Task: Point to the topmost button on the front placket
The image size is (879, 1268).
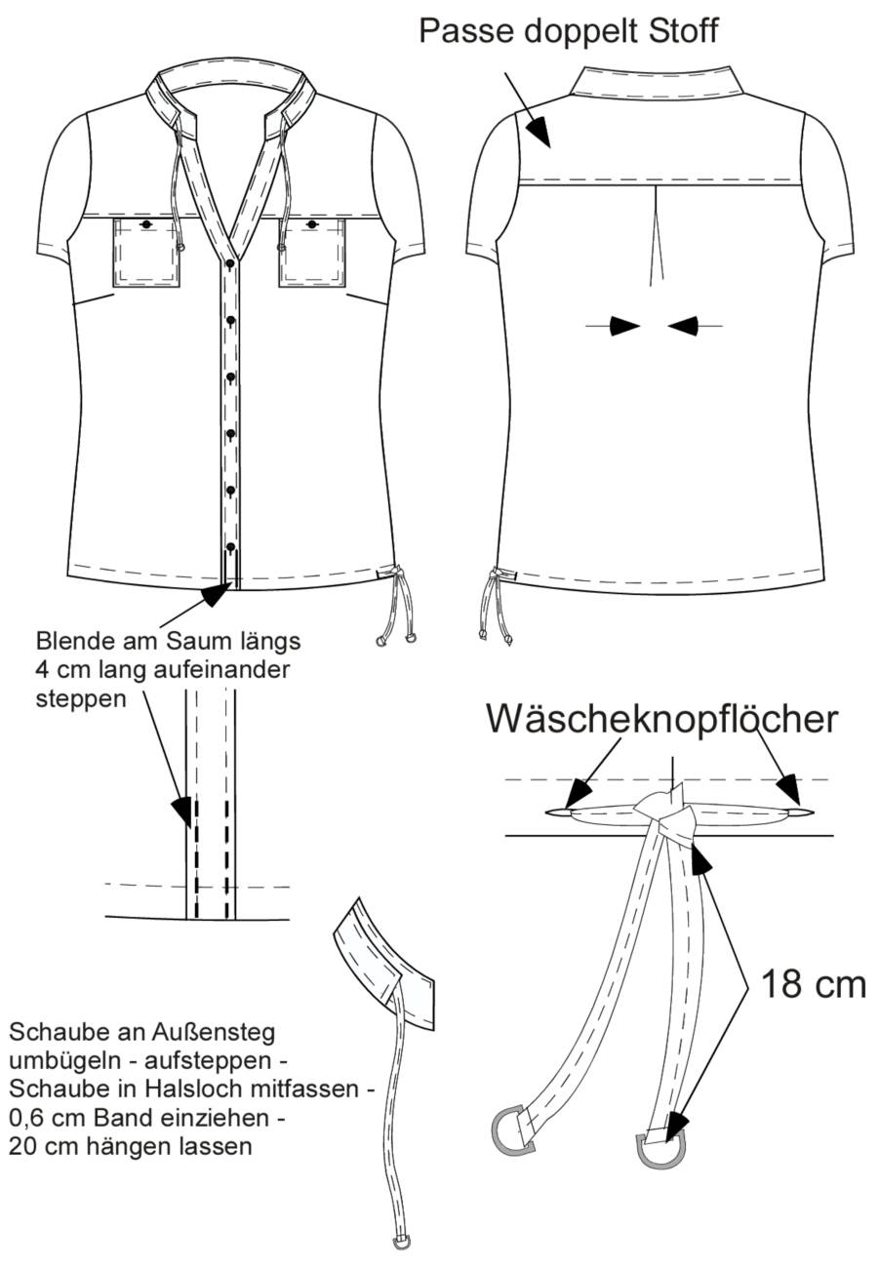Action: coord(230,263)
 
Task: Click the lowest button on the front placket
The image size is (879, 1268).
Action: coord(230,547)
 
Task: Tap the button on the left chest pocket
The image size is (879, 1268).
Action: coord(146,224)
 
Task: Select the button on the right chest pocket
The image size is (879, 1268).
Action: coord(311,224)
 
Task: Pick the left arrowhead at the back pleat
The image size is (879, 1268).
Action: coord(624,326)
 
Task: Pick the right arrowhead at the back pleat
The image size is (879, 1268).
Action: coord(683,326)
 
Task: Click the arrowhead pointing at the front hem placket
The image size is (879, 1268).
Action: coord(217,593)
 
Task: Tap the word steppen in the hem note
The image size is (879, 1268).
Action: coord(81,699)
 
